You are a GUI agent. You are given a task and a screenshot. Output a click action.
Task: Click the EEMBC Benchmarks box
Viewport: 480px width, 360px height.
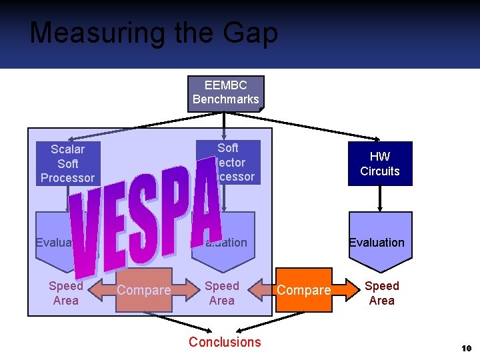(x=225, y=93)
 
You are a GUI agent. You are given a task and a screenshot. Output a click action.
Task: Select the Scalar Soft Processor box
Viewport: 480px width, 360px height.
(x=67, y=163)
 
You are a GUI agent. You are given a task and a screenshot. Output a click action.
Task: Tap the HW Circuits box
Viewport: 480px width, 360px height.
(x=379, y=164)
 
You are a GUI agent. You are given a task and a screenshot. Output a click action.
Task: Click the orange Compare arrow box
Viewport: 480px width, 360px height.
(x=304, y=290)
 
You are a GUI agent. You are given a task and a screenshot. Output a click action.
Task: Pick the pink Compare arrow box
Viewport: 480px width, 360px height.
(x=144, y=290)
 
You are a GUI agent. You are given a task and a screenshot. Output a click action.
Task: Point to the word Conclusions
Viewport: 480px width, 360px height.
(x=225, y=342)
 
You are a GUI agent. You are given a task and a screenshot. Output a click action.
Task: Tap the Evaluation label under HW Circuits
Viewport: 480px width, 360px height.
(x=377, y=243)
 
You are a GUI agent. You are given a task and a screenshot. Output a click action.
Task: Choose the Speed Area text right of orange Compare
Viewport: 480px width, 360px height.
(x=382, y=293)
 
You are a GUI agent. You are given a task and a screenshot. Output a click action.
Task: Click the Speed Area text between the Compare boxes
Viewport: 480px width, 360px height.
(x=222, y=293)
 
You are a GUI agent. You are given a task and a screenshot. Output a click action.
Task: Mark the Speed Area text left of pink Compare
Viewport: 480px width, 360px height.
(x=66, y=293)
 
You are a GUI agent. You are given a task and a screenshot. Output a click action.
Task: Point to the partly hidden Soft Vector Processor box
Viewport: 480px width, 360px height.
(x=237, y=163)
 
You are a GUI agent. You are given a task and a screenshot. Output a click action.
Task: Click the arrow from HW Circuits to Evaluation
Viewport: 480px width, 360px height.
(x=379, y=198)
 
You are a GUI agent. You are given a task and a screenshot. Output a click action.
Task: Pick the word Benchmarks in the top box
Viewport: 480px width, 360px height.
(x=225, y=99)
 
